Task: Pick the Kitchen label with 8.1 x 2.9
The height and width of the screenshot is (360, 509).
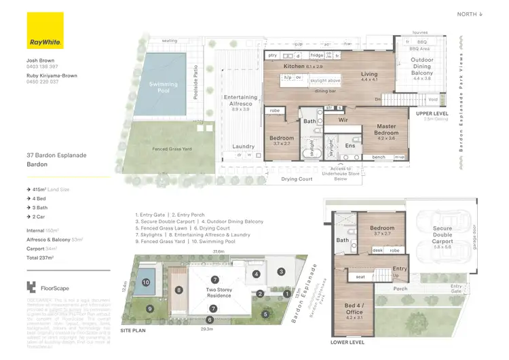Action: tap(296, 67)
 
